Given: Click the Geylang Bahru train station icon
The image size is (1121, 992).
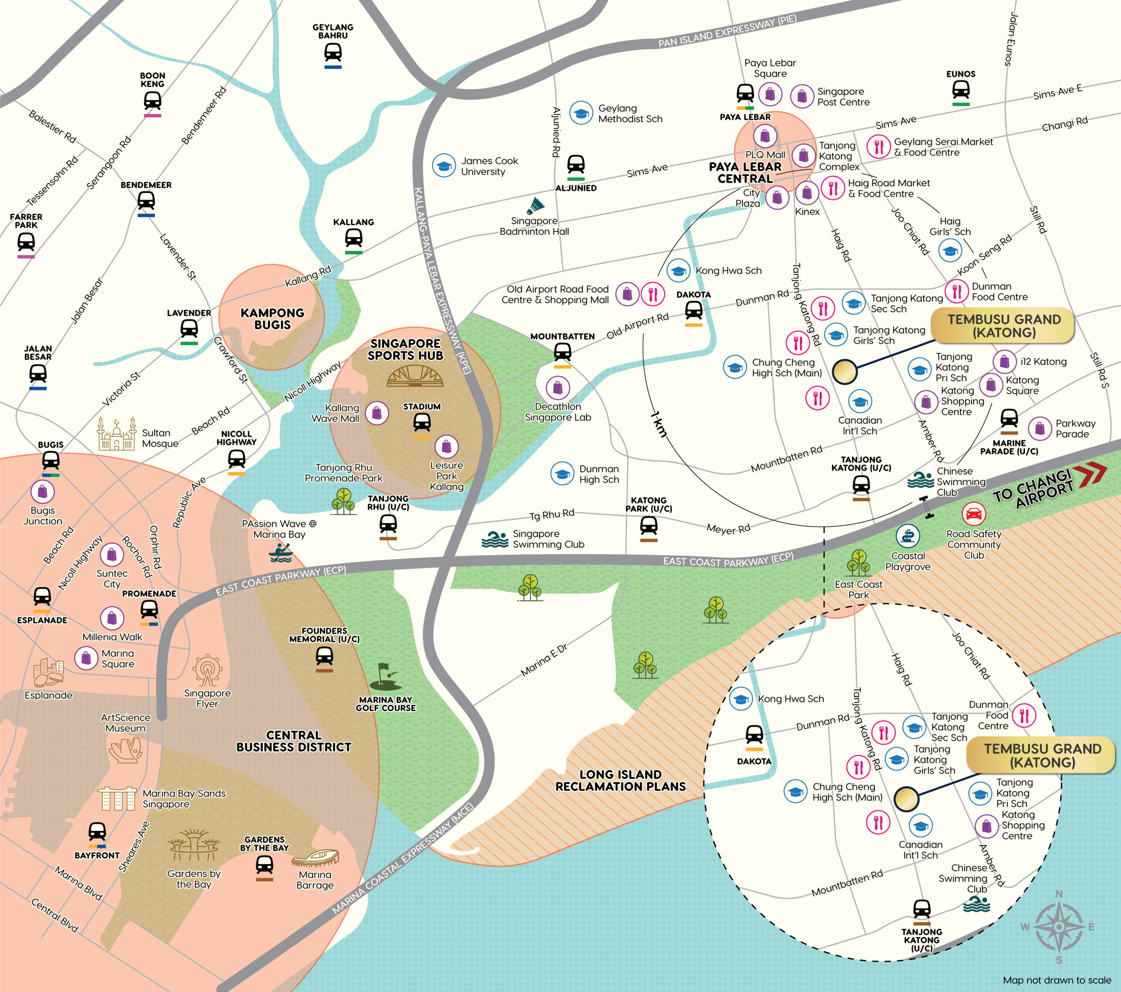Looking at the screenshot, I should [x=333, y=53].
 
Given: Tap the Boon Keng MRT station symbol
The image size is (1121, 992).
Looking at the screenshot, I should [x=152, y=101].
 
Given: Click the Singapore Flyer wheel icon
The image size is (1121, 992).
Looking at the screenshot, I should [x=207, y=670].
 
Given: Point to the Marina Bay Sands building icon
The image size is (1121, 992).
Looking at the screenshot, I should [x=116, y=798].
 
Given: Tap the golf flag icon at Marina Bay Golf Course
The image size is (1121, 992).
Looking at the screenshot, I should [x=385, y=677].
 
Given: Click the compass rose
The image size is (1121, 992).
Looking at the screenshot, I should [x=1058, y=927].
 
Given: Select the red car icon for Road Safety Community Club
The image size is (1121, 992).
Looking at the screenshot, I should [x=973, y=514].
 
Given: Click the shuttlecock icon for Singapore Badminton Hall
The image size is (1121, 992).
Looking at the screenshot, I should [x=536, y=207].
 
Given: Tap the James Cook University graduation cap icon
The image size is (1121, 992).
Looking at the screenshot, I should [x=444, y=166].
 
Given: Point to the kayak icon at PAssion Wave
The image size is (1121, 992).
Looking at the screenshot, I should [x=281, y=553].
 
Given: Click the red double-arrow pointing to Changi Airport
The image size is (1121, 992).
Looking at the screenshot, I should [x=1090, y=475].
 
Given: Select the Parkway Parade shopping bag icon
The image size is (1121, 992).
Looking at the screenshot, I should [x=1039, y=429].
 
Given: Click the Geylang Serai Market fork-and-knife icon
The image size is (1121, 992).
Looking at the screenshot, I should [x=878, y=146].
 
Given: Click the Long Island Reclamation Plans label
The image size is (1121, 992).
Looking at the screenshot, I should [x=620, y=780].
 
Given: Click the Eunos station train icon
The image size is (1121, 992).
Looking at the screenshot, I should [x=960, y=89].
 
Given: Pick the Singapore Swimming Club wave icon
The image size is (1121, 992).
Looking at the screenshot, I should [x=495, y=539].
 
